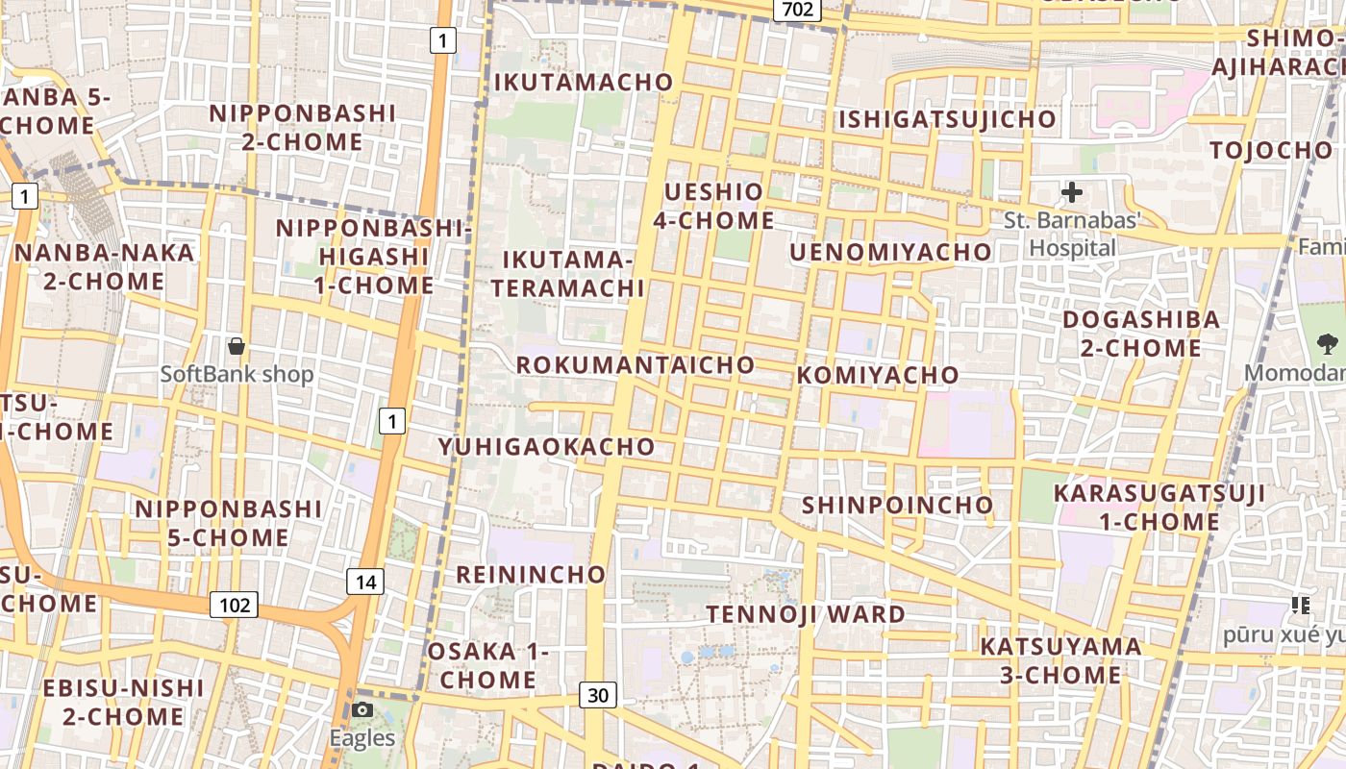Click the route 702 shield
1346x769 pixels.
coord(797,10)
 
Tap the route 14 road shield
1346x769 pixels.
coord(365,582)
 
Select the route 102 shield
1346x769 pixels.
coord(234,605)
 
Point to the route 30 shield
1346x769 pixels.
coord(597,695)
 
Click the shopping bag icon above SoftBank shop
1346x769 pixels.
coord(237,345)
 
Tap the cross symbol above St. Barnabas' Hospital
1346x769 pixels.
coord(1072,193)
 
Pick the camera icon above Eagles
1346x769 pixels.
coord(362,710)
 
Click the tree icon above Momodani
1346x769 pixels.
coord(1328,343)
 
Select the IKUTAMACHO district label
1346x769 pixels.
coord(584,83)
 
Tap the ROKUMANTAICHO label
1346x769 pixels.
coord(636,365)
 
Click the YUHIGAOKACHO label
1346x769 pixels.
coord(547,447)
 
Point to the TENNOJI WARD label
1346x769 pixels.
coord(806,614)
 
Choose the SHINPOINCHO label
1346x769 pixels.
coord(897,505)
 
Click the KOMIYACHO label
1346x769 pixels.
coord(878,375)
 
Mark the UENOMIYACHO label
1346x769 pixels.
coord(890,252)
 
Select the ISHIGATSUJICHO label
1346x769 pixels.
coord(948,120)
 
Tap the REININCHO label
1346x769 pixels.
coord(531,575)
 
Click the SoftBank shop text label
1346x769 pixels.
coord(237,374)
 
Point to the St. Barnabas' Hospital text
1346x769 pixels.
coord(1072,234)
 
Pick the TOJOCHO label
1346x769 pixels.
coord(1271,150)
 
